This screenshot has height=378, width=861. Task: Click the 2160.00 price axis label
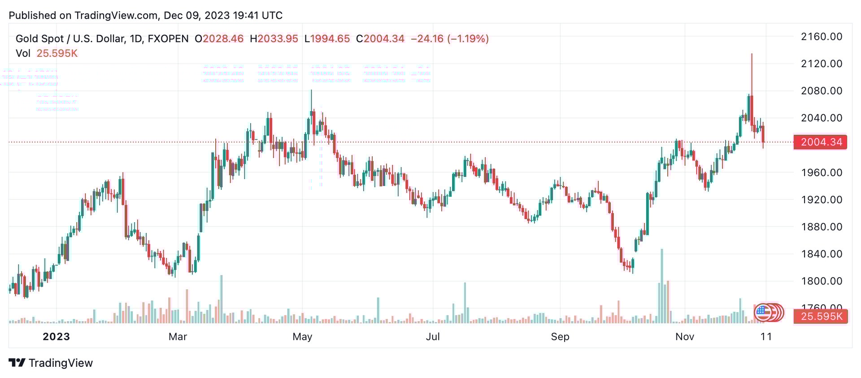tap(822, 37)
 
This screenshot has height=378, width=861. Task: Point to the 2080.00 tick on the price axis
tap(822, 91)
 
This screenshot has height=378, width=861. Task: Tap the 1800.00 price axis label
tap(822, 281)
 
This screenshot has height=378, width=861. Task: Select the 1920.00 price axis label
tap(822, 200)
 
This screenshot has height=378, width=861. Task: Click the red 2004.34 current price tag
tap(821, 142)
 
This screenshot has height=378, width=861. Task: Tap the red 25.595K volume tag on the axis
tap(821, 317)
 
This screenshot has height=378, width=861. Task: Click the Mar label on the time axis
tap(178, 337)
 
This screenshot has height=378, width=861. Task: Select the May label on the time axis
tap(302, 337)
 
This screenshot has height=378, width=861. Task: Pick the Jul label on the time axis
tap(433, 337)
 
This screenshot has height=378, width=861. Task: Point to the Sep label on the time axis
tap(560, 337)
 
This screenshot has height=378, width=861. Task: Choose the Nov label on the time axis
tap(685, 337)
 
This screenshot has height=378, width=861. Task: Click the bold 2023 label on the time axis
tap(57, 337)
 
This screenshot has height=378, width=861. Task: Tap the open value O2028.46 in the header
tap(219, 39)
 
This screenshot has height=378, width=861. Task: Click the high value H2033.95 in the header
tap(274, 39)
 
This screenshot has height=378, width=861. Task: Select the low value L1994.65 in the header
tap(327, 39)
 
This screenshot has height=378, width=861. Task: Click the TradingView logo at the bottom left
tap(51, 363)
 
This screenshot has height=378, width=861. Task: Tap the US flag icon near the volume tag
tap(762, 312)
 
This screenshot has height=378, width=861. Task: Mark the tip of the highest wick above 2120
tap(752, 54)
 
